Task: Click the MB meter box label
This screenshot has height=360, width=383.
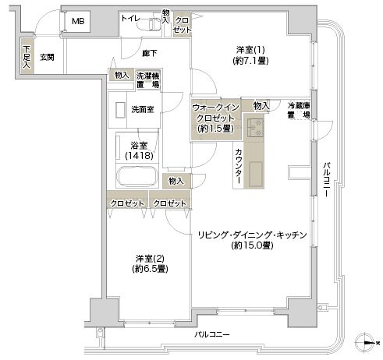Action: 78,21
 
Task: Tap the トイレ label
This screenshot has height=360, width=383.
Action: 130,18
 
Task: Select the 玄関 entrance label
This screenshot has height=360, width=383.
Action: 47,57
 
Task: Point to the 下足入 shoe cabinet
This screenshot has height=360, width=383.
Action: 27,57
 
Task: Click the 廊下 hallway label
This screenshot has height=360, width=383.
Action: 150,53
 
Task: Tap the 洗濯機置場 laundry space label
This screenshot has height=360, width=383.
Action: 148,80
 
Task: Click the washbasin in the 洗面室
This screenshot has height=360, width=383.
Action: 120,111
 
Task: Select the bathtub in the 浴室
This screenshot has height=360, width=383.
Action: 137,176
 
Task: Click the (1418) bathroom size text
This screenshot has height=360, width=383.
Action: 139,156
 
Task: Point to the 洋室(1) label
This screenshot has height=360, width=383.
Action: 250,49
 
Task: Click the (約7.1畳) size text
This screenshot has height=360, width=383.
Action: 250,61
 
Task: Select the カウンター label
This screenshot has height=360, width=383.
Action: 238,166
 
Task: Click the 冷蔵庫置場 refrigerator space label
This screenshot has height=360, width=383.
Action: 299,110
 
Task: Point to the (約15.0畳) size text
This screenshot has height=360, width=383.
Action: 252,245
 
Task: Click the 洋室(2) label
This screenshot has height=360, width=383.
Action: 150,258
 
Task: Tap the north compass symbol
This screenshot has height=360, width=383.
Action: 365,343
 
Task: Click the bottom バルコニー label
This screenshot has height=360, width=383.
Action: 212,334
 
